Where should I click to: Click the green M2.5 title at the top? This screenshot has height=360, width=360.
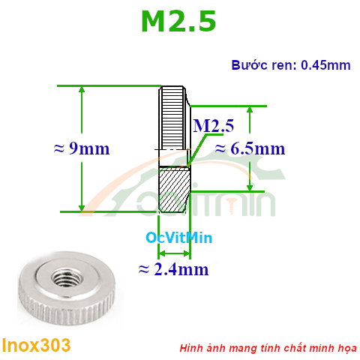(x=178, y=22)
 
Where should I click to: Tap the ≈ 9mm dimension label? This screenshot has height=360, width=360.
(x=82, y=148)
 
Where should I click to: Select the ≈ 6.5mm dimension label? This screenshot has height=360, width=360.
(x=250, y=148)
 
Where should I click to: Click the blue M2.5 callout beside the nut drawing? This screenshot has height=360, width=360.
(x=214, y=125)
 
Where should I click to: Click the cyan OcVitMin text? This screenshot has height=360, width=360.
(x=179, y=238)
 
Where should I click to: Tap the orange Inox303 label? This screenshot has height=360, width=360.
(x=37, y=345)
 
